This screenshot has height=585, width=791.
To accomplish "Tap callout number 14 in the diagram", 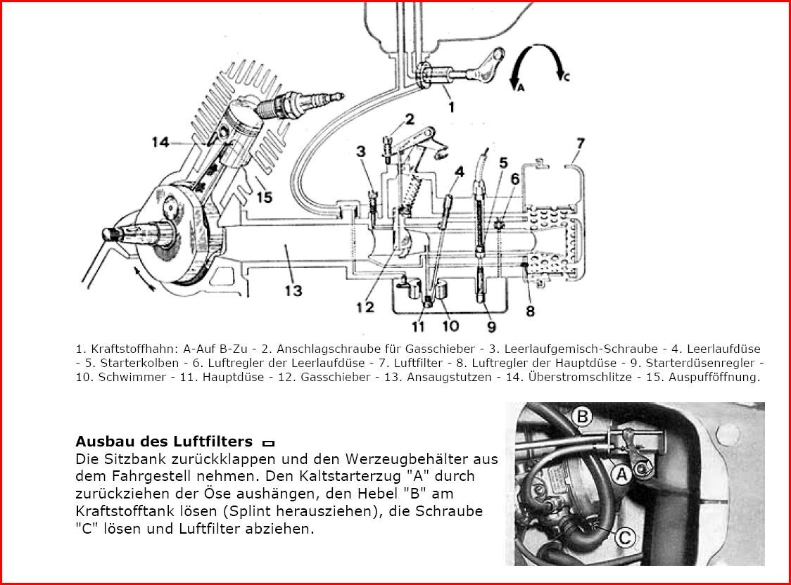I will (161, 143).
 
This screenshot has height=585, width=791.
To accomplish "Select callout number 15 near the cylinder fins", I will (264, 198).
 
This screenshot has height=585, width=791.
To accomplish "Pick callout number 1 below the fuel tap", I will (451, 107).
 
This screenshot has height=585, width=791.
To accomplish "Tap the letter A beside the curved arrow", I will (520, 89).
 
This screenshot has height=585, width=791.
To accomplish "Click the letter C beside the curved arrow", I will (567, 78).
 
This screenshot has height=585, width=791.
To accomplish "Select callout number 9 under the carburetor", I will (491, 326).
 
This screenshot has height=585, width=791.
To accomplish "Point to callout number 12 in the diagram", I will (364, 308).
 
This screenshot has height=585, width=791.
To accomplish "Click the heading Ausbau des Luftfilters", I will (163, 442).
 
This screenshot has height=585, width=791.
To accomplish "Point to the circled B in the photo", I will (581, 418).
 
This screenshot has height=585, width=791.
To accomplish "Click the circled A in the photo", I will (622, 475).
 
